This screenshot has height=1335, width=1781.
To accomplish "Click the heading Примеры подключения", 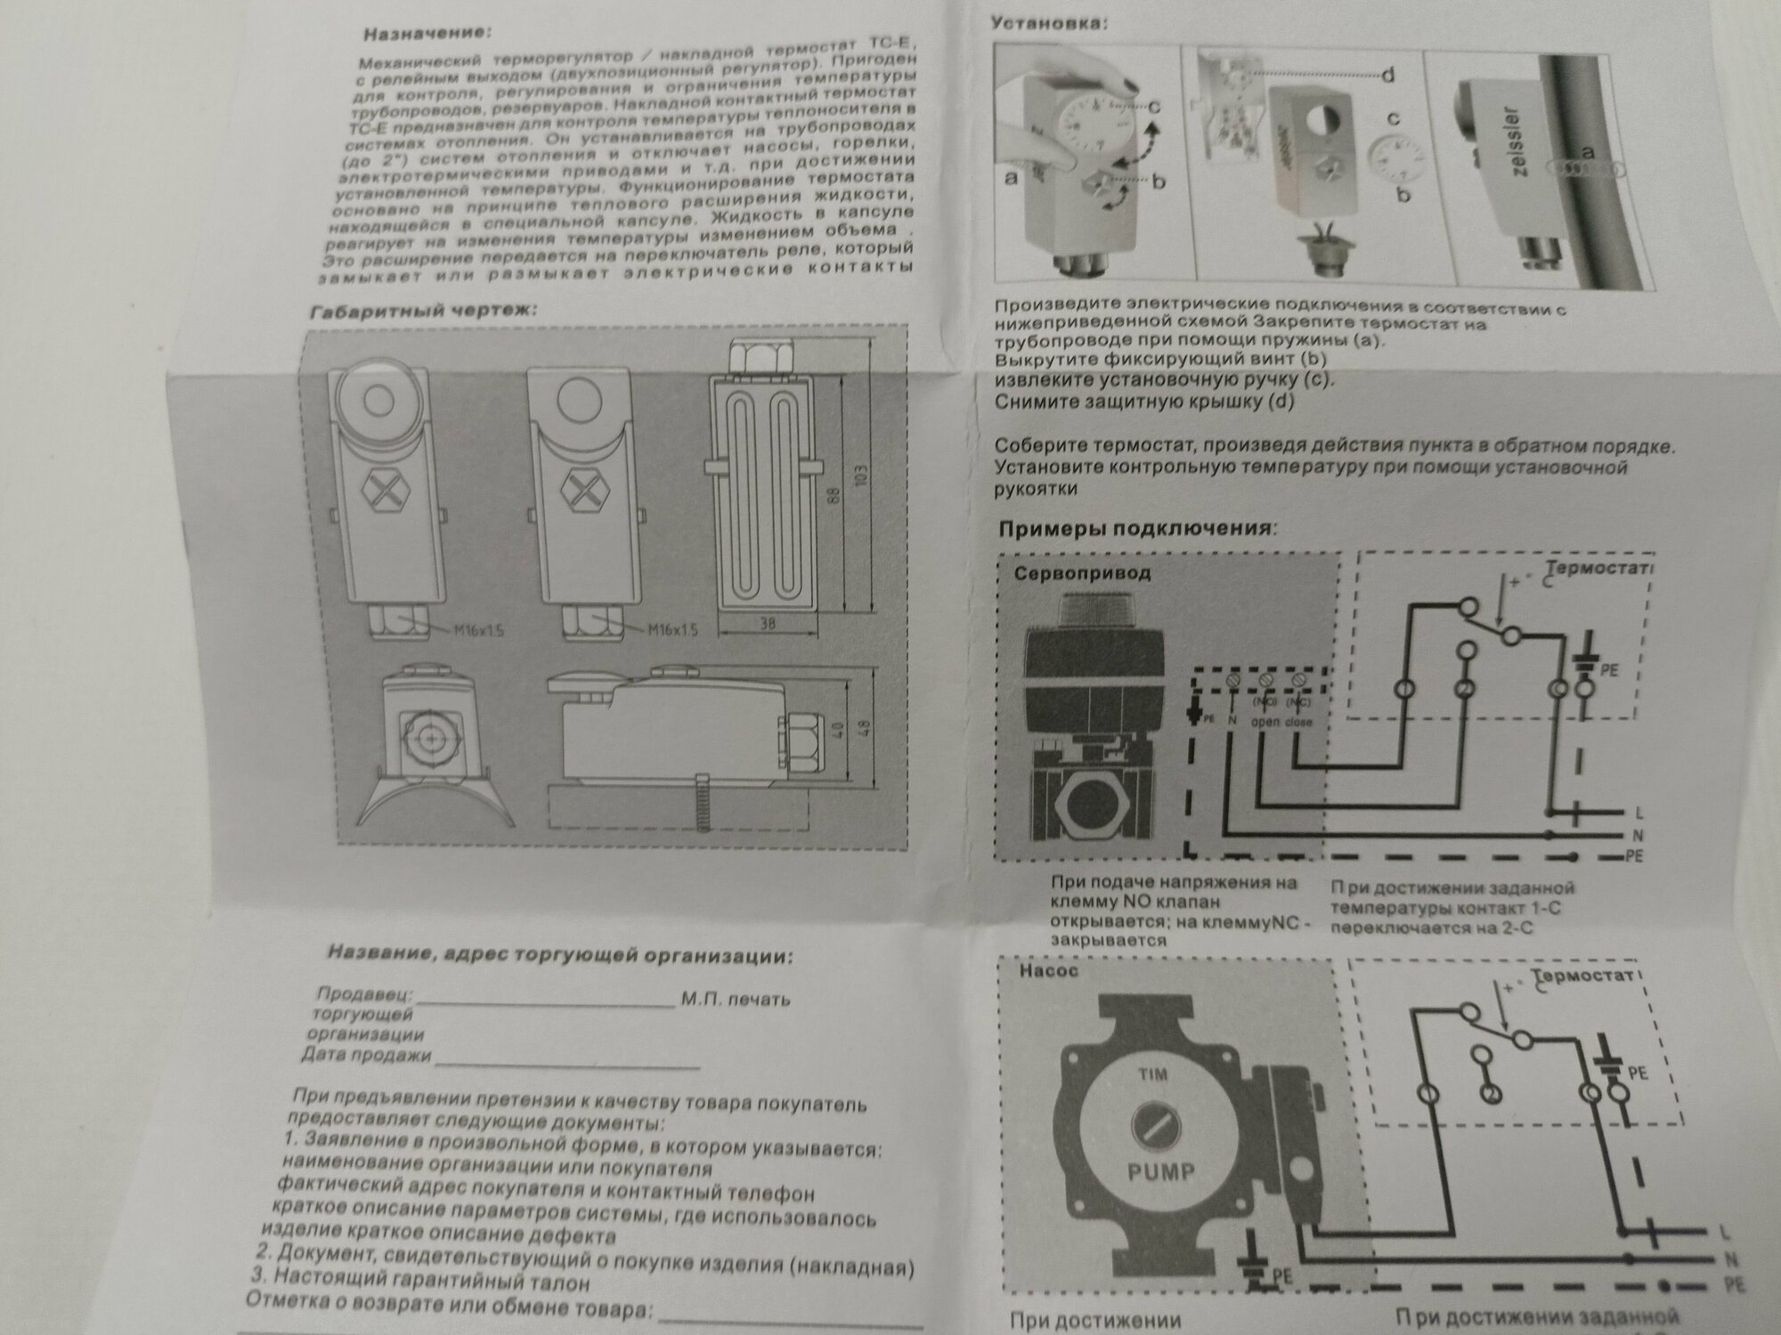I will (1136, 529).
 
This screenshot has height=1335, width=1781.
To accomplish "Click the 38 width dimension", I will (767, 624).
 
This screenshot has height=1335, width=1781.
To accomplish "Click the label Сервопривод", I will (1082, 574).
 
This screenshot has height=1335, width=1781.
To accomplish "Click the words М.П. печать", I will (736, 999).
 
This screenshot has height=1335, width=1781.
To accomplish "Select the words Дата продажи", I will (366, 1056).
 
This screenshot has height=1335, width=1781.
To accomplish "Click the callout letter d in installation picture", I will (1387, 76).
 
